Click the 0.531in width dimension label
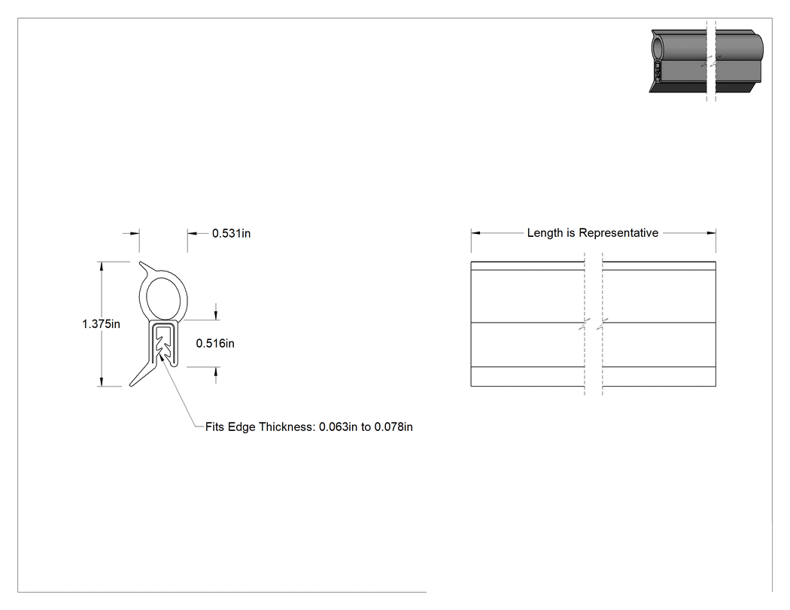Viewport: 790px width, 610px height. click(231, 233)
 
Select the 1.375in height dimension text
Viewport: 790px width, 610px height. click(102, 324)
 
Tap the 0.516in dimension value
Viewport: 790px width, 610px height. click(215, 344)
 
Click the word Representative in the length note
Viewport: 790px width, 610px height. click(618, 233)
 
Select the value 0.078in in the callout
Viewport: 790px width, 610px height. click(393, 427)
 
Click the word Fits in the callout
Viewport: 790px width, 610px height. click(215, 427)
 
